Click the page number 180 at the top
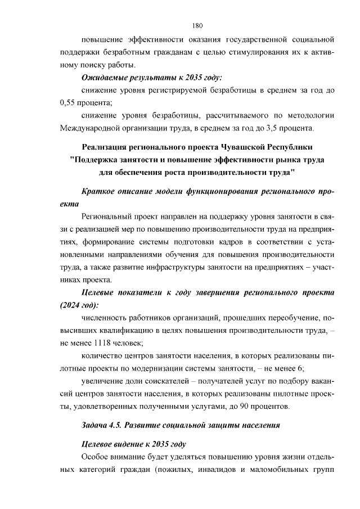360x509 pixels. tap(197, 26)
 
